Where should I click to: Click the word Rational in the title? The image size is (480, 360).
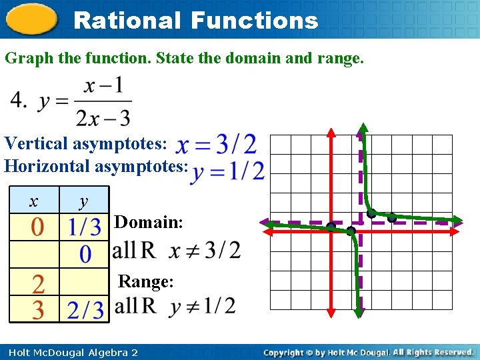pos(126,20)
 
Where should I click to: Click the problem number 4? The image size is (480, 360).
pos(18,101)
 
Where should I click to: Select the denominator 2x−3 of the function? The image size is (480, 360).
pos(103,117)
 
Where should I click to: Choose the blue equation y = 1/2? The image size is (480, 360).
pos(227,171)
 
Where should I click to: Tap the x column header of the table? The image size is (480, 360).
pos(34,201)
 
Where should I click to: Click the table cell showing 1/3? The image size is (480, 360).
pos(85,227)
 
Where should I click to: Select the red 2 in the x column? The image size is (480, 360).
pos(38,285)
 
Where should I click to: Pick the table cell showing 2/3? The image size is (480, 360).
pos(85,310)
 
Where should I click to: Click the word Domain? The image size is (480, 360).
pos(149,222)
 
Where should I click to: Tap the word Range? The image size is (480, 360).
pos(145,281)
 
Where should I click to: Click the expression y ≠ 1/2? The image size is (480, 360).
pos(203,306)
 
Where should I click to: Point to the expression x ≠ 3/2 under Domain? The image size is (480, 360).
pos(205,250)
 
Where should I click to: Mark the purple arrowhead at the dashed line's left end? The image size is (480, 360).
pos(265,223)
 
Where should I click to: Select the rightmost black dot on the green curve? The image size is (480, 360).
pos(392,217)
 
